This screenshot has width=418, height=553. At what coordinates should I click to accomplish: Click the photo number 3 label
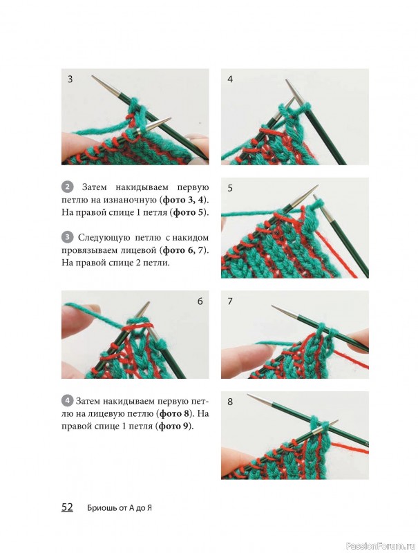tap(70, 79)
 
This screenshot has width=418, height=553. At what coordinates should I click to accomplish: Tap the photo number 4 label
tap(230, 79)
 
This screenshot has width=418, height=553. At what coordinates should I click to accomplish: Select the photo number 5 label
tap(230, 188)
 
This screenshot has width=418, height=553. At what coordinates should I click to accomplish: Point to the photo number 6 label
tap(200, 301)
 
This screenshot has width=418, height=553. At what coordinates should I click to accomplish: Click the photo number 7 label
tap(230, 301)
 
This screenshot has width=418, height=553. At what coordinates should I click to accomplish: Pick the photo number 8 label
tap(230, 402)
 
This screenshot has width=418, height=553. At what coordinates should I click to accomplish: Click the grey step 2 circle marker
tap(67, 187)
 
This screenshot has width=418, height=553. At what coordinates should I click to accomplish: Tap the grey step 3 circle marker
tap(67, 237)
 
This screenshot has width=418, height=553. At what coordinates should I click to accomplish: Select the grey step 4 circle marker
tap(67, 401)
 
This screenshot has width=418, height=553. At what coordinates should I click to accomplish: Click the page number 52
tap(67, 507)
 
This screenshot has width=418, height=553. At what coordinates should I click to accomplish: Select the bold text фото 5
tap(189, 213)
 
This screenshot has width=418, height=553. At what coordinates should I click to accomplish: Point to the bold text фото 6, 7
tap(184, 250)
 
